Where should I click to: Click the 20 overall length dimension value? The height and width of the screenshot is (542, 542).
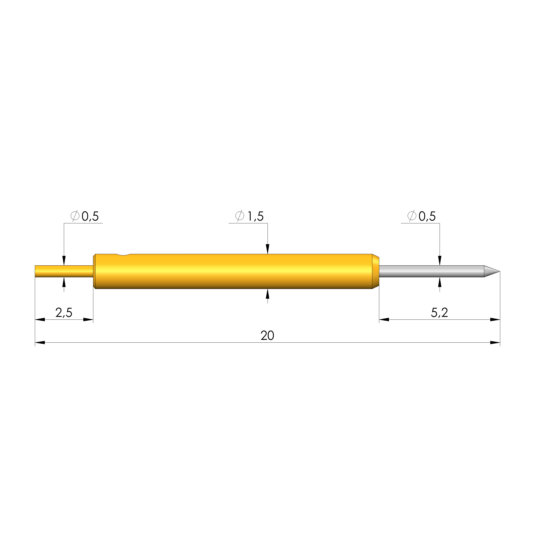coord(267,336)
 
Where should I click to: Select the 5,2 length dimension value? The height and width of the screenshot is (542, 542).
coord(439,313)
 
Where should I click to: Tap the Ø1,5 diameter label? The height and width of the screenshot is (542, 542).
coord(249,216)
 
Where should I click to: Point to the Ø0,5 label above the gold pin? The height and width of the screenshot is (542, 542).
coord(84,216)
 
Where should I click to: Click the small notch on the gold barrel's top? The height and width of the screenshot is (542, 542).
coord(123,255)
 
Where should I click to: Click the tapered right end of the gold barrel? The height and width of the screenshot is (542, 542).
coord(376,271)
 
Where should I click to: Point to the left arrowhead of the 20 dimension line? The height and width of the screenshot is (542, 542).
coord(40,342)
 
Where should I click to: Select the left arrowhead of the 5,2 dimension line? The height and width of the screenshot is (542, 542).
coord(384,319)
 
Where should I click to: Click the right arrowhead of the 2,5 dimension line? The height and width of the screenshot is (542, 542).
coord(88,319)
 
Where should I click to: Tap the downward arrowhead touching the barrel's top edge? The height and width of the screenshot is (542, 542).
coord(267,249)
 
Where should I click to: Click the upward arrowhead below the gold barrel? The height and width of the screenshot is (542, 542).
coord(267,294)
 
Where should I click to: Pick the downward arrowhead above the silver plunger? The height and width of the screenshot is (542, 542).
coord(440,261)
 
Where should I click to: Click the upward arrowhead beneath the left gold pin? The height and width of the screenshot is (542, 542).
coord(64,282)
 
